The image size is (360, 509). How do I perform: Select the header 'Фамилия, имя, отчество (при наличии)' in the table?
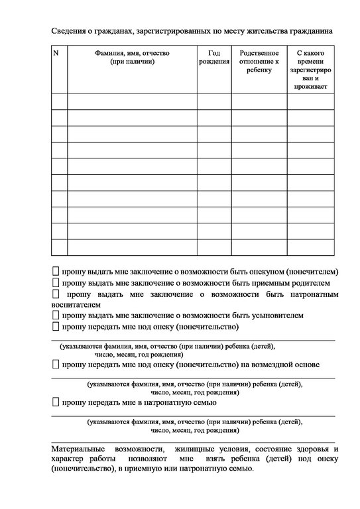[x=132, y=57]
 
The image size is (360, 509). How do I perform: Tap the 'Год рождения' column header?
[x=213, y=57]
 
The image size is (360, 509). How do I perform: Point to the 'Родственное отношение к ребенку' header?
[x=259, y=61]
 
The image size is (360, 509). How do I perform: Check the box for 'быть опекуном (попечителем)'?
[x=55, y=272]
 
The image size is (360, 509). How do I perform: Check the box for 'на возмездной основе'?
[x=55, y=365]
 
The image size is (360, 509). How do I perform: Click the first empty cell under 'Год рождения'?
[x=213, y=101]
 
